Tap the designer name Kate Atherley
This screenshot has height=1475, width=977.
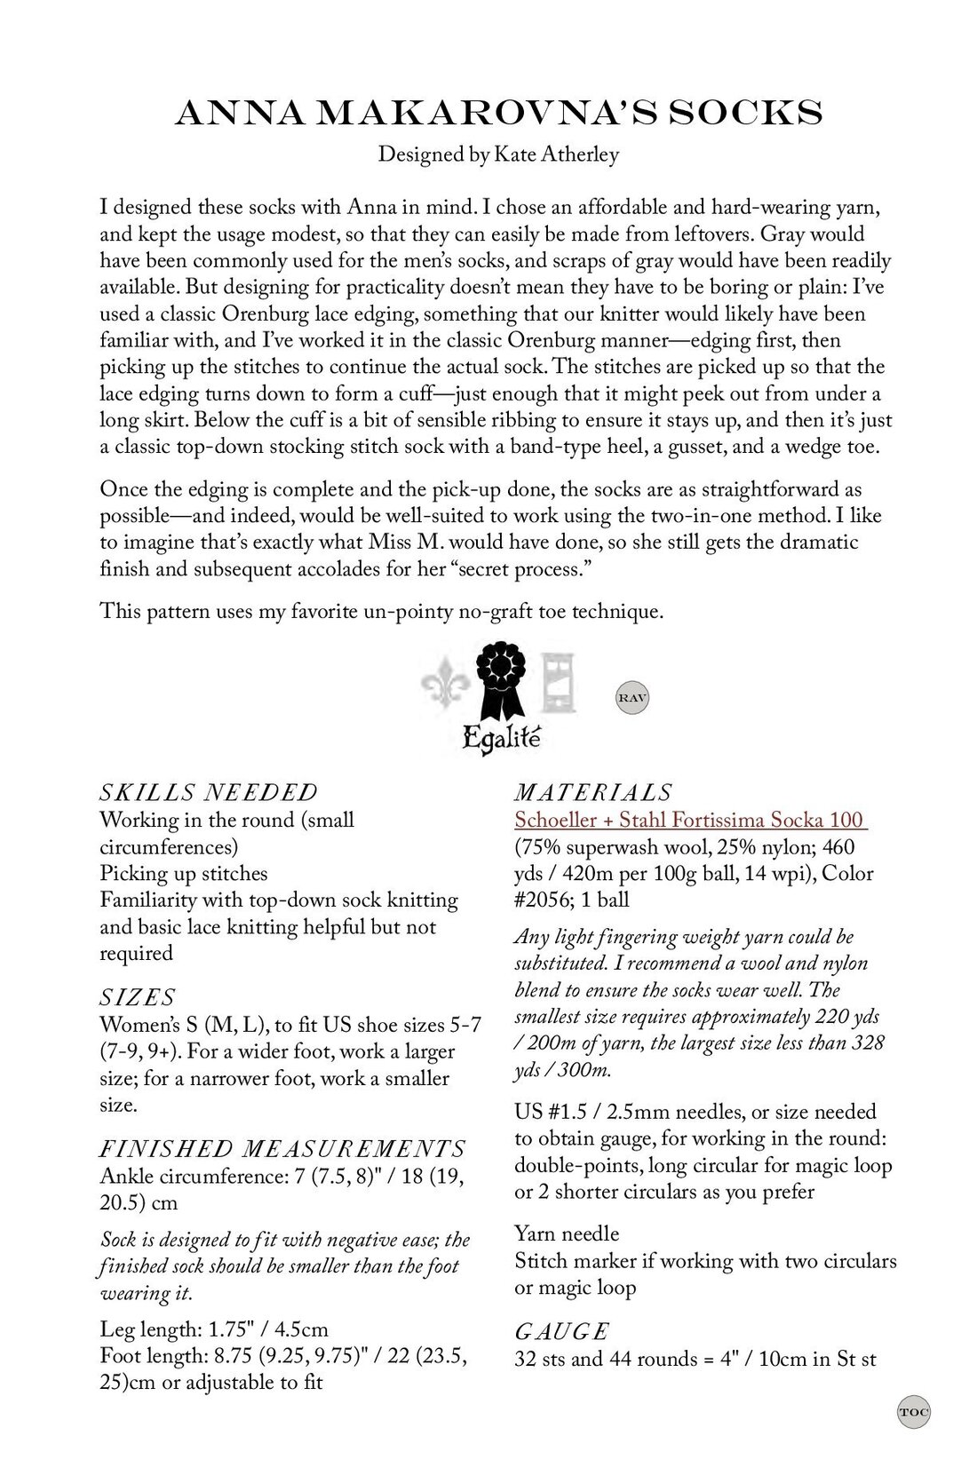(x=553, y=155)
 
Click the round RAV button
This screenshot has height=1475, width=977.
(x=632, y=698)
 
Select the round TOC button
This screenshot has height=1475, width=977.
(x=912, y=1411)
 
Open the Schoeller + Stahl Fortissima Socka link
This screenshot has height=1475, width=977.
(x=690, y=820)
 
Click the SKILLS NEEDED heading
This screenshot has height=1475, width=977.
(x=209, y=792)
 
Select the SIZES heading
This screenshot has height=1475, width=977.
(x=138, y=997)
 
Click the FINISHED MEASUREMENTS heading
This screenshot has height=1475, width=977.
(x=282, y=1149)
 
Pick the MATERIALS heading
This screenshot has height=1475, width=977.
(x=593, y=792)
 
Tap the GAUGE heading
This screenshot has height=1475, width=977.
(x=561, y=1331)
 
